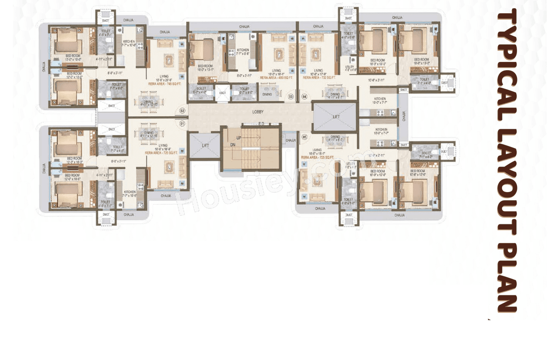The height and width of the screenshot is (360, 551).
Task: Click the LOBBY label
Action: (258, 112)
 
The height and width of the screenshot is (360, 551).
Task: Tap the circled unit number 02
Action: (182, 111)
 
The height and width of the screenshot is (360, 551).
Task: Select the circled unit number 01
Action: (182, 123)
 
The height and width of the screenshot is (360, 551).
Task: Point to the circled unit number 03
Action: (291, 96)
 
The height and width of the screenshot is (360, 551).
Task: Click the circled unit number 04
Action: (304, 96)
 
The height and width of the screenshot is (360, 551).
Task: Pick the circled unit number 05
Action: (304, 137)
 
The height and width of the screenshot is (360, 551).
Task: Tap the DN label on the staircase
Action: (233, 145)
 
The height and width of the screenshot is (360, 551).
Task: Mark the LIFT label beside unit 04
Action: (336, 117)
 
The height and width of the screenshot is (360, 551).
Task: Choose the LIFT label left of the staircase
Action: (205, 146)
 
